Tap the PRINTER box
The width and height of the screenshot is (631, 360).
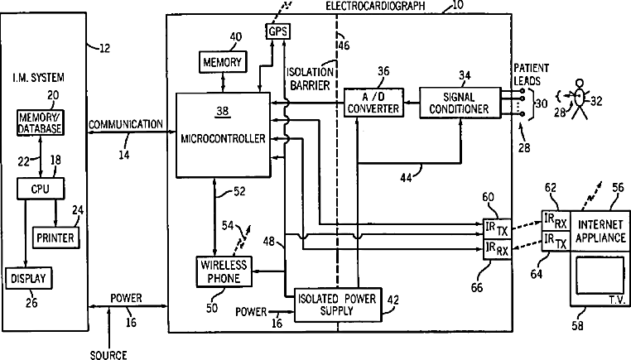55,238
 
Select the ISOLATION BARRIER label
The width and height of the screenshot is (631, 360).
309,76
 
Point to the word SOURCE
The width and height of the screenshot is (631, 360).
108,354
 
